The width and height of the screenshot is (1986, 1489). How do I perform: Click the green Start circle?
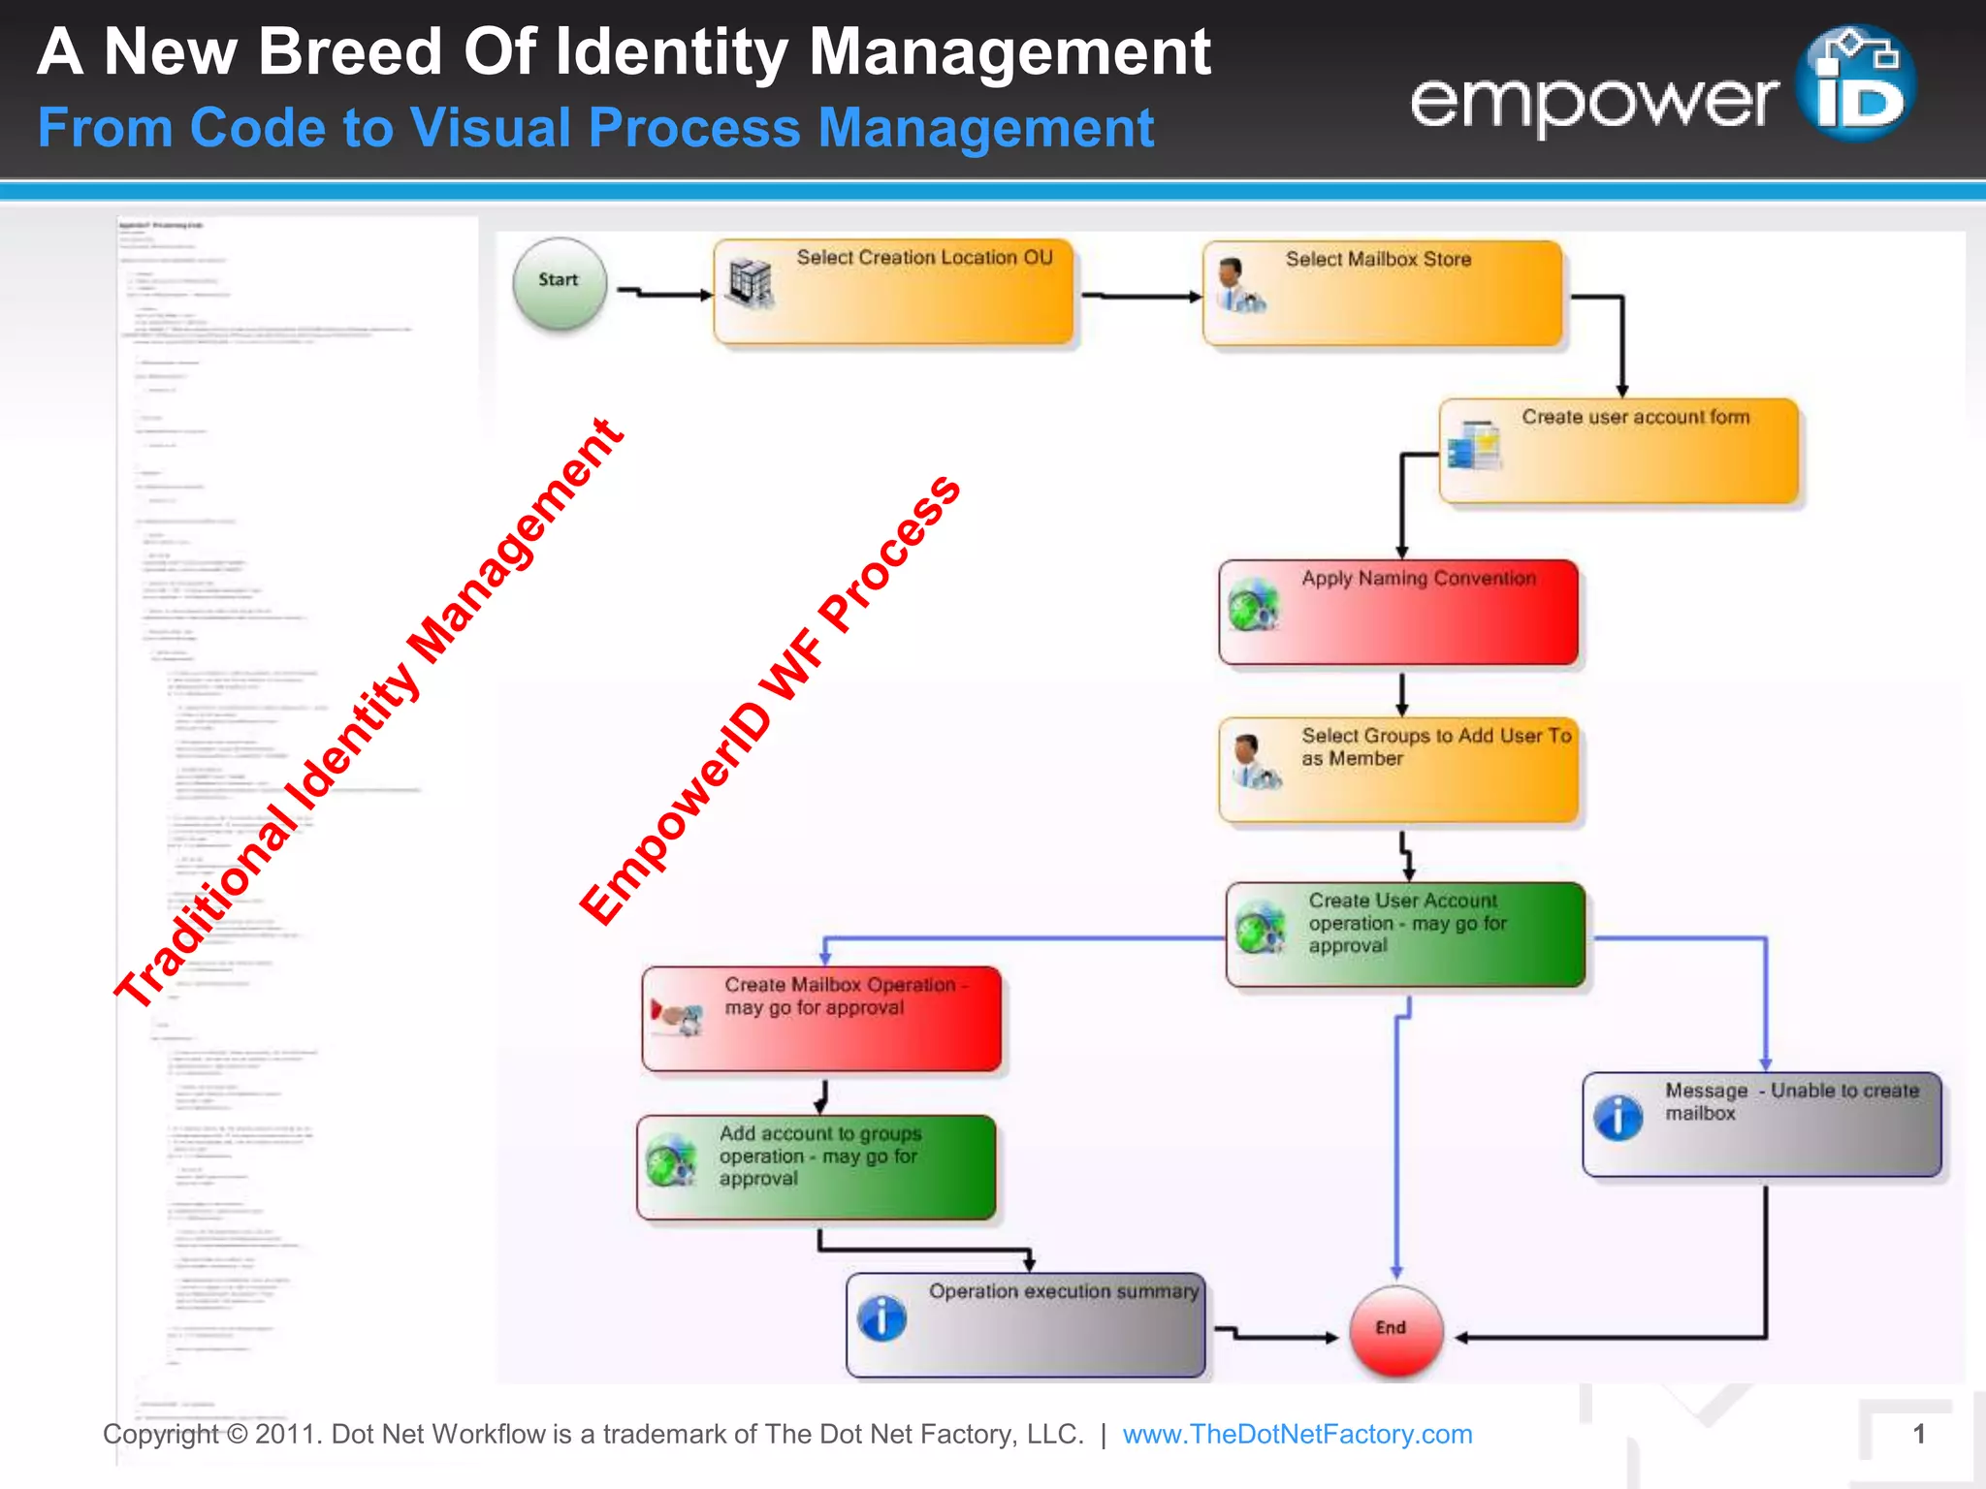coord(560,283)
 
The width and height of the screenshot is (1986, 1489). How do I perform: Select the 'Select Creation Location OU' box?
coord(893,292)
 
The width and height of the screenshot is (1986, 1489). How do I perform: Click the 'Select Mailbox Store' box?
coord(1382,294)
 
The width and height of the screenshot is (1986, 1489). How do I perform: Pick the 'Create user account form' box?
coord(1618,451)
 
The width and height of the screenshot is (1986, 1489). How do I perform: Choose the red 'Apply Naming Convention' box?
coord(1398,612)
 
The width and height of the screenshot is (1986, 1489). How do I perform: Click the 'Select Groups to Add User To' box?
coord(1398,770)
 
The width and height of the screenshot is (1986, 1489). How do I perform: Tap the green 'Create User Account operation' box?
coord(1405,935)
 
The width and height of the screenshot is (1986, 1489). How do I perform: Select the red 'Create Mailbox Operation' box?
coord(821,1019)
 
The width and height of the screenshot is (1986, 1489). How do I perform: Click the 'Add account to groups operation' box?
coord(817,1167)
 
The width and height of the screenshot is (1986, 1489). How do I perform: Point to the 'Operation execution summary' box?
coord(1025,1324)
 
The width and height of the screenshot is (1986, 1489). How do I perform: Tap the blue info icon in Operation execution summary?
coord(882,1318)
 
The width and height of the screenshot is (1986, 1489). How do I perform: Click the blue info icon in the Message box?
coord(1618,1118)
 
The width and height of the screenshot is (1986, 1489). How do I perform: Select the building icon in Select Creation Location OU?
coord(751,284)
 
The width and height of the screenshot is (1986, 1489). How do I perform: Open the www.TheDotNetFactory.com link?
coord(1297,1434)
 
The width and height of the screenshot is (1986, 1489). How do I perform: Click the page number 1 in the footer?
coord(1918,1434)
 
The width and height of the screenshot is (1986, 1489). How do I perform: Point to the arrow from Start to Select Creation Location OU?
coord(665,293)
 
